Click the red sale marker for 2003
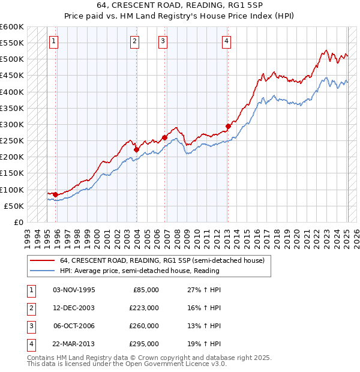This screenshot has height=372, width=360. [x=137, y=149]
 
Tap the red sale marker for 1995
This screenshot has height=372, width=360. [x=55, y=194]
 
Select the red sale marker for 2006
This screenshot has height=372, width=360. [x=164, y=137]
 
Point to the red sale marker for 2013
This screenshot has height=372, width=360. [x=228, y=127]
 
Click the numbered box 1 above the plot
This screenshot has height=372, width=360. [x=54, y=41]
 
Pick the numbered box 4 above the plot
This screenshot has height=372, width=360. [x=226, y=41]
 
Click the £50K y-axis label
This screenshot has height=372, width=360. [x=14, y=206]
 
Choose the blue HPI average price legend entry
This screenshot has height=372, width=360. [x=140, y=271]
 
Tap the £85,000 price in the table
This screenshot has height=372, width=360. [x=145, y=290]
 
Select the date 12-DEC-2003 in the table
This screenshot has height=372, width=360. [x=74, y=308]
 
